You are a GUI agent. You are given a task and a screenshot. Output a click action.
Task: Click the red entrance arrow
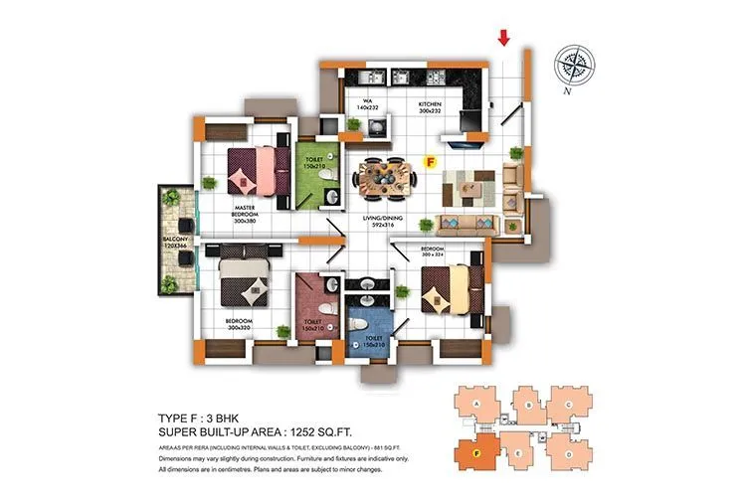[504, 38]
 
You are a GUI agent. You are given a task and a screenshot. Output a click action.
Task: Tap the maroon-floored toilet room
[317, 309]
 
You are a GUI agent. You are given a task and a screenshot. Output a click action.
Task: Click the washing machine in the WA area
[375, 127]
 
